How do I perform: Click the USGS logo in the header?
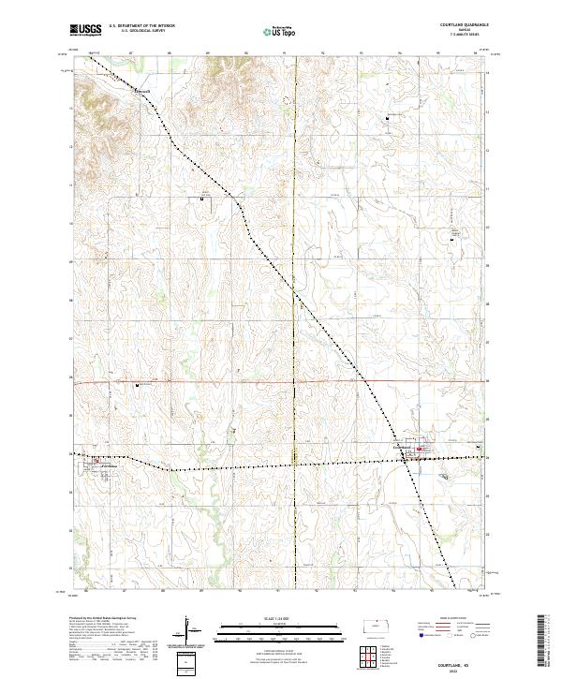(x=85, y=30)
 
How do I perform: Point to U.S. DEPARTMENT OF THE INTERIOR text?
(x=141, y=26)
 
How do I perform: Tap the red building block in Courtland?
(x=421, y=450)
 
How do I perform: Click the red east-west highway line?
(x=234, y=381)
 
